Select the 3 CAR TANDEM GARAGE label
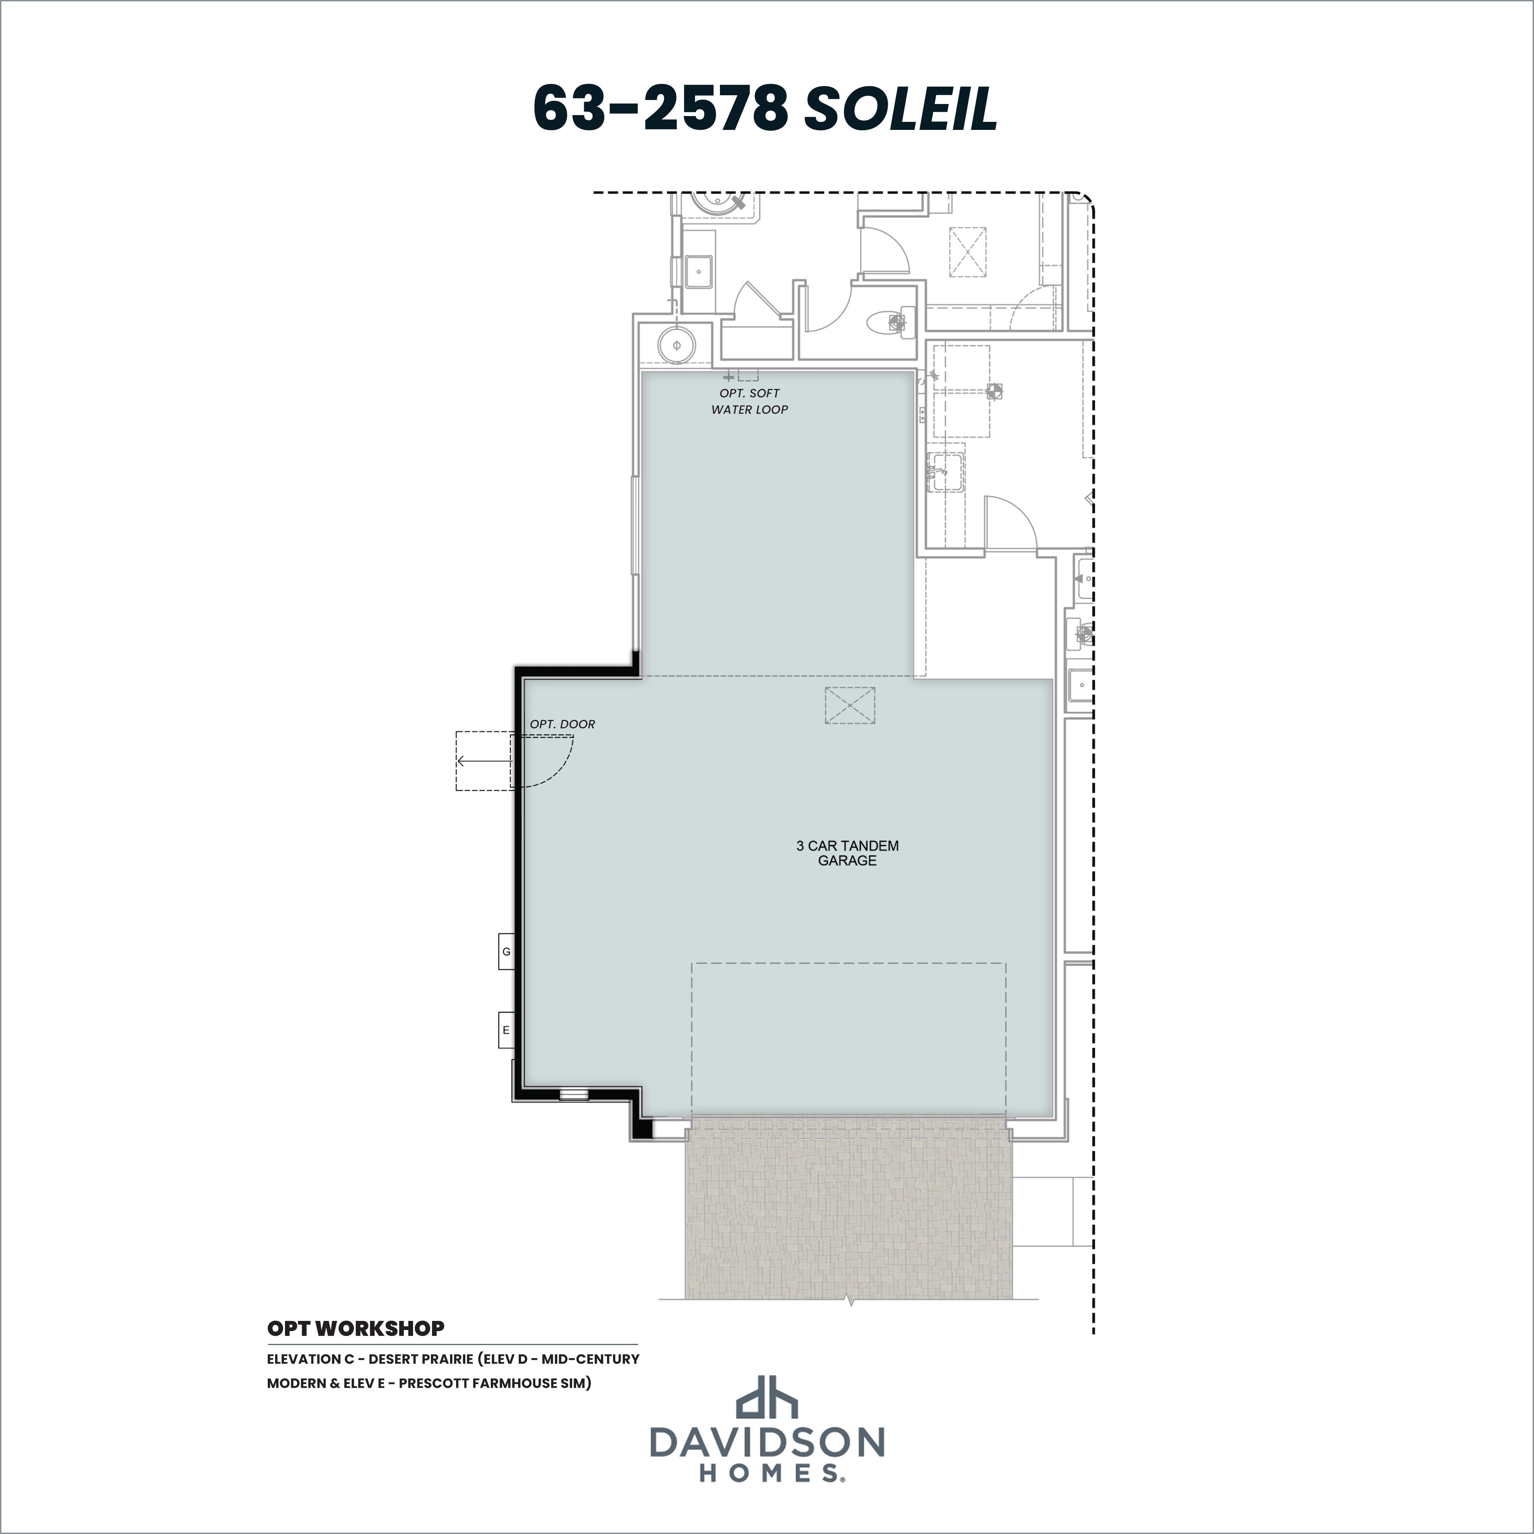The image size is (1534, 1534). (x=847, y=853)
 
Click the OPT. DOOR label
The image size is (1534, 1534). (x=562, y=724)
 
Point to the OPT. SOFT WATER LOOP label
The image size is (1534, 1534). (x=749, y=401)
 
